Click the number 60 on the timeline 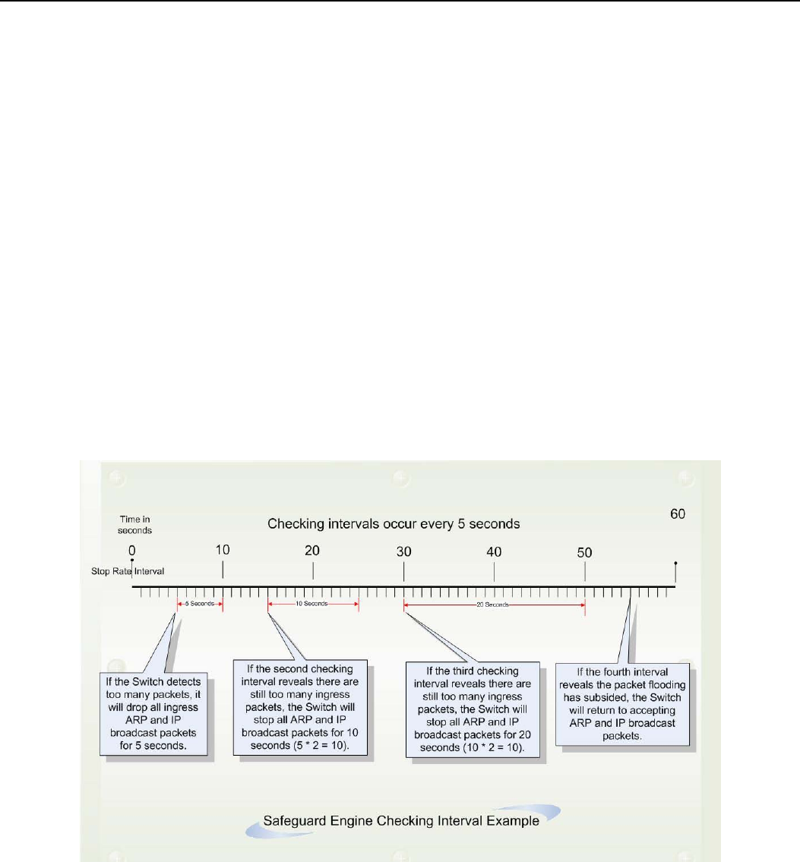point(677,514)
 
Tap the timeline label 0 point(132,549)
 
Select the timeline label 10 point(222,549)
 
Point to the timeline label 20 point(312,549)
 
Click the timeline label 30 point(403,549)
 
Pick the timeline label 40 point(494,549)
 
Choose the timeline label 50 point(584,549)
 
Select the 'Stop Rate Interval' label point(124,568)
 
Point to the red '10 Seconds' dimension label point(312,604)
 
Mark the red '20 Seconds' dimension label point(494,605)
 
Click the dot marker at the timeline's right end point(675,564)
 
